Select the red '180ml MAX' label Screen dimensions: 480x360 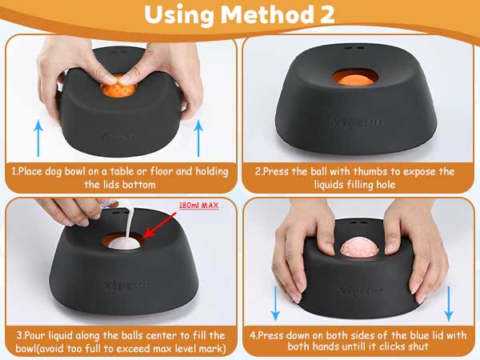[198, 205]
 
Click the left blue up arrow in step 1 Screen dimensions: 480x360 [38, 138]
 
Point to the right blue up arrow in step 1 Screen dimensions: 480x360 [198, 138]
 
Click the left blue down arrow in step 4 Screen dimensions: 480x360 [275, 304]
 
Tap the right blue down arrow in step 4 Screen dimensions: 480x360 [449, 304]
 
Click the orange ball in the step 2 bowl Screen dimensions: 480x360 [355, 80]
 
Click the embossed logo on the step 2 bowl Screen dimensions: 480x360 [358, 122]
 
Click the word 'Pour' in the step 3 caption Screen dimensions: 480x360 [34, 335]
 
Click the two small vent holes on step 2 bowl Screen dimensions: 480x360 [354, 48]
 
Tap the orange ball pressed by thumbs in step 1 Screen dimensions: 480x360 [118, 90]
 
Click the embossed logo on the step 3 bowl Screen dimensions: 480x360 [128, 285]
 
